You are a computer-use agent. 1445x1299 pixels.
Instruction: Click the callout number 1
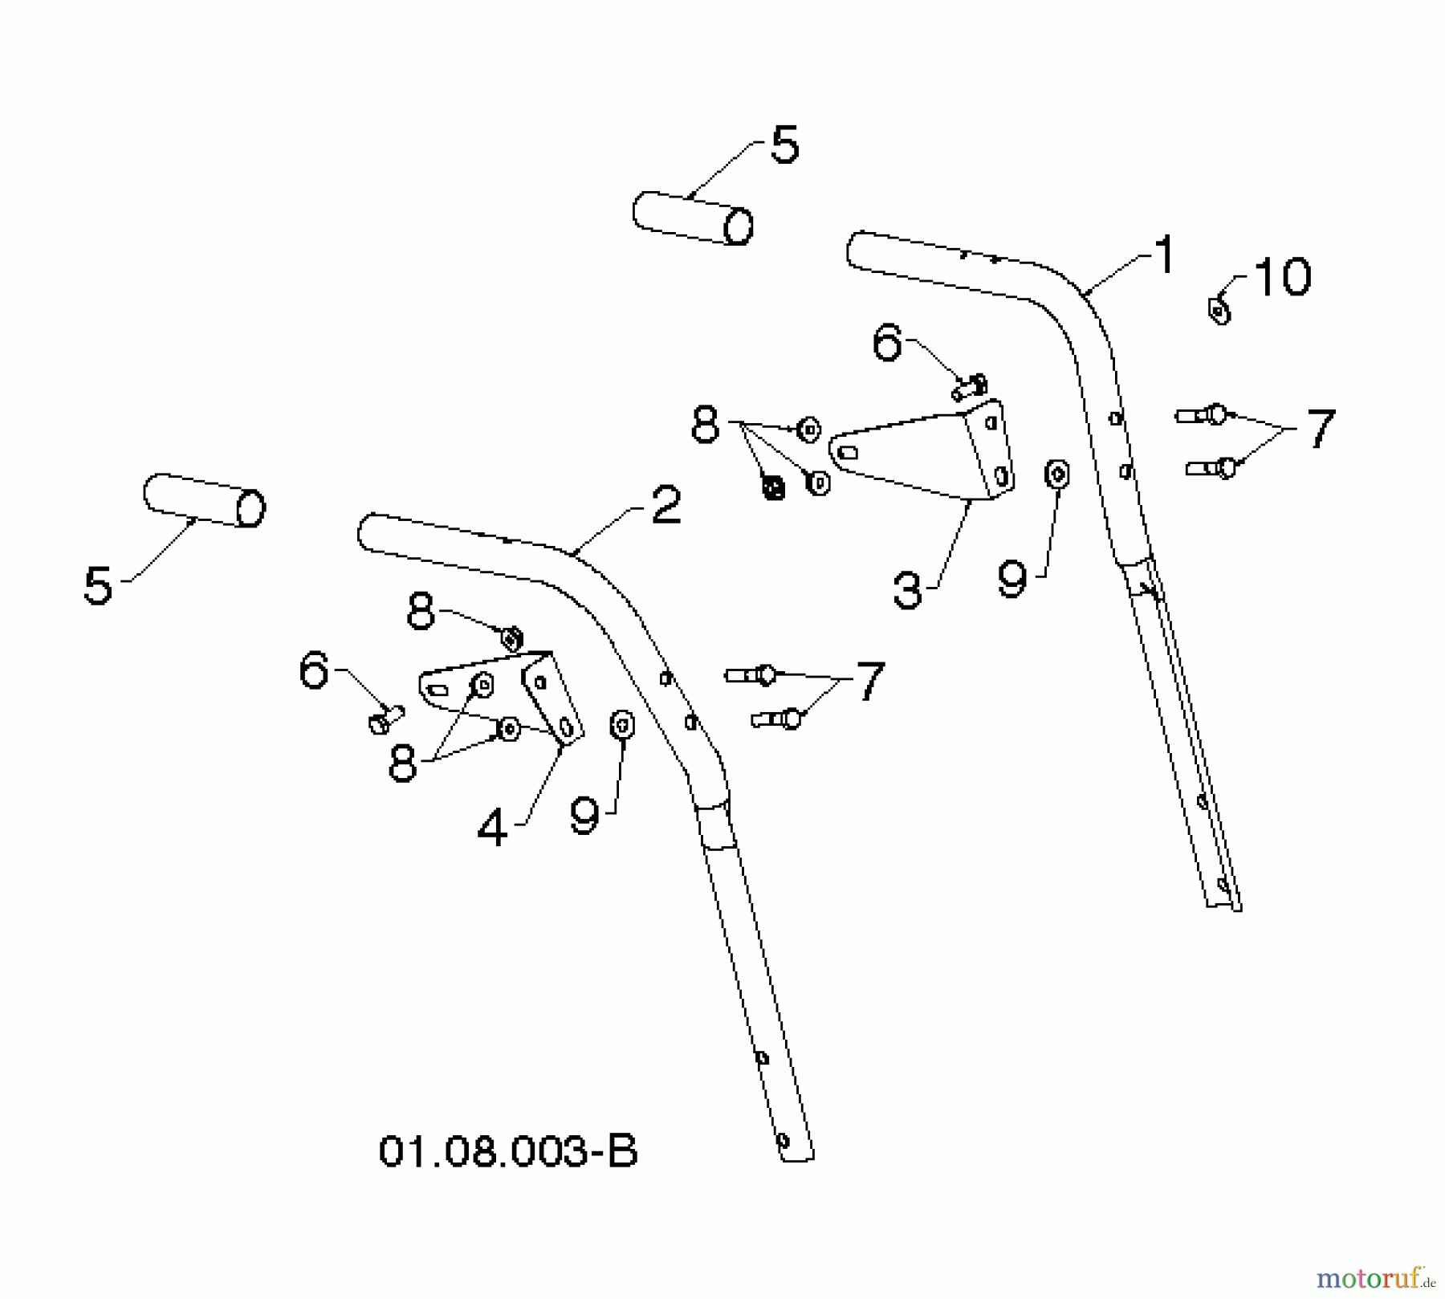point(1164,255)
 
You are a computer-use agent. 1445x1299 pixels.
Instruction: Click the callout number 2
point(666,506)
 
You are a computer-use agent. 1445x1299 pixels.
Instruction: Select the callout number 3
point(907,590)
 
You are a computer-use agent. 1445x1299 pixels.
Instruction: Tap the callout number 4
point(492,827)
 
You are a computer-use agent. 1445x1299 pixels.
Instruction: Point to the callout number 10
point(1282,278)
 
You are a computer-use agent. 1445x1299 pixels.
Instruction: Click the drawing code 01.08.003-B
point(507,1151)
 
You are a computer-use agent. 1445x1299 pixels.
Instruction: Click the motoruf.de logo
point(1375,1277)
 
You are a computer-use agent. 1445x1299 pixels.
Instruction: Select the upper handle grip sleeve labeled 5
point(693,218)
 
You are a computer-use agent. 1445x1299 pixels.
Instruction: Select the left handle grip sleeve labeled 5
point(205,500)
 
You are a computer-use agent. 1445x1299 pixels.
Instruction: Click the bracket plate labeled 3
point(923,452)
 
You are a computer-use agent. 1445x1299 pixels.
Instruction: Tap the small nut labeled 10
point(1219,310)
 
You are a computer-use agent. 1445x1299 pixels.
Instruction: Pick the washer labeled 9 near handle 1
point(1057,474)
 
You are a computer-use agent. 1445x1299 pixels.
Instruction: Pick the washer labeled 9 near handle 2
point(622,725)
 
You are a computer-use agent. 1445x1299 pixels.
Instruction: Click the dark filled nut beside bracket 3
point(773,487)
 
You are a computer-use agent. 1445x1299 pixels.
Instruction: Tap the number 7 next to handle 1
point(1321,429)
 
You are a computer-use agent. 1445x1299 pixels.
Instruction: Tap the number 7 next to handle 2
point(870,682)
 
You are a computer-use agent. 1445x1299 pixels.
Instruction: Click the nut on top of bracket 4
point(512,639)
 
